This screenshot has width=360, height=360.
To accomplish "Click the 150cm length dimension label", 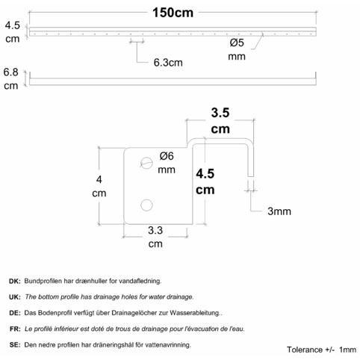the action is point(173,13).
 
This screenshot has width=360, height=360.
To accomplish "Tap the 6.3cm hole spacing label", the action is point(168,63).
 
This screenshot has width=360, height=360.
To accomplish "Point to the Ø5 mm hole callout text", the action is point(237,49).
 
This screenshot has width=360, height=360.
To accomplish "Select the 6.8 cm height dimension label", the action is point(11,79).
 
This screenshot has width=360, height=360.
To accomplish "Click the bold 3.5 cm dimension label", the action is point(220,121).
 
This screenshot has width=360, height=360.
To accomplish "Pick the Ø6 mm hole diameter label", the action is point(167,163).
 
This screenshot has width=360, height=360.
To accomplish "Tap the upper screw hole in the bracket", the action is point(146,163).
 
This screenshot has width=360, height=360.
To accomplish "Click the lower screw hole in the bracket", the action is point(146,205).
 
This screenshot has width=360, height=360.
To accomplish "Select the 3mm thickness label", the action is point(279,211).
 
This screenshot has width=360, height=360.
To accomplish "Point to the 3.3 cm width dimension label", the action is point(155,237).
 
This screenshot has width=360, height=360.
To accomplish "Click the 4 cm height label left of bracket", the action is point(99,186).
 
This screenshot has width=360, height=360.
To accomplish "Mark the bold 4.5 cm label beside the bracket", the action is point(205,181).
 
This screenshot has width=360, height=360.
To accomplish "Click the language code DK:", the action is point(15,282).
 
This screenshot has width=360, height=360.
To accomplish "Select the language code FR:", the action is point(15,329).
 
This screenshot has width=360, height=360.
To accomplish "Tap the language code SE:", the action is point(15,345).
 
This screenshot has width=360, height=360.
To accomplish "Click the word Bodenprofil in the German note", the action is point(56,313).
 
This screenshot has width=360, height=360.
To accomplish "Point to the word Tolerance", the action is point(305,350).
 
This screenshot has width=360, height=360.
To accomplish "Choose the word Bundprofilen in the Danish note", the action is point(43,281).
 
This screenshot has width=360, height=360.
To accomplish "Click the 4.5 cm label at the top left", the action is point(13,32).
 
